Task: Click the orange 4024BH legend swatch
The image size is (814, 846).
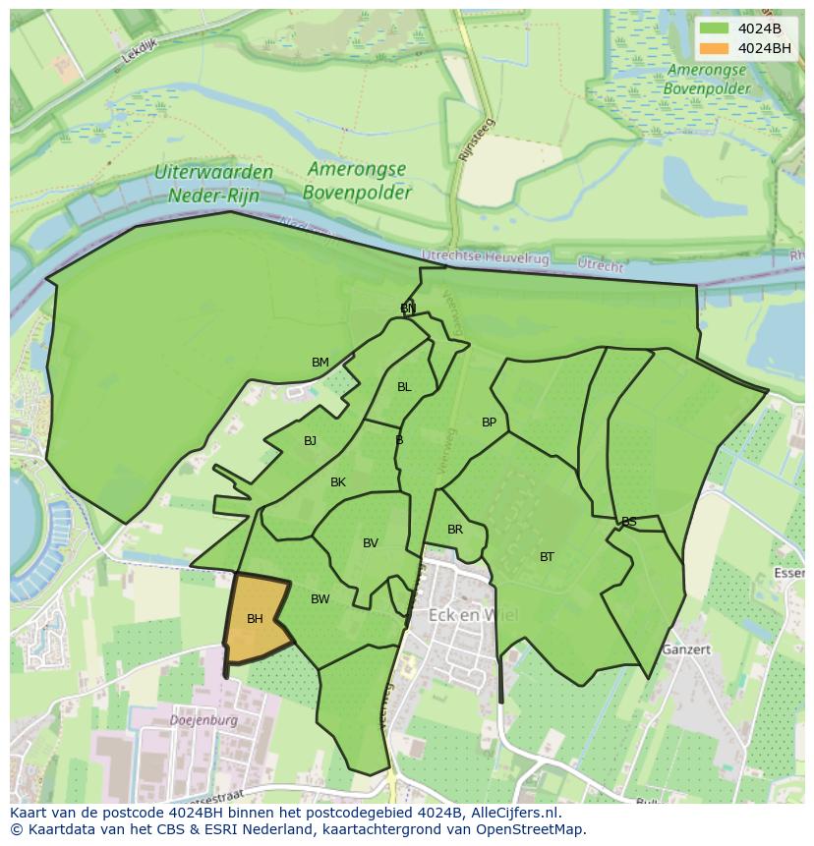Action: click(x=715, y=48)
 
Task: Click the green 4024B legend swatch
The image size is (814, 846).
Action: click(x=715, y=28)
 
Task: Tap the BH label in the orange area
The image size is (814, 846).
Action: click(x=255, y=619)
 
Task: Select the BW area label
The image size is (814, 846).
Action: click(x=320, y=599)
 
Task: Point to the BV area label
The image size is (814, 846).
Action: click(x=371, y=543)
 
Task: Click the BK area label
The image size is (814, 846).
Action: click(x=338, y=482)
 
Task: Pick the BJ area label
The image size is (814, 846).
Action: click(x=310, y=441)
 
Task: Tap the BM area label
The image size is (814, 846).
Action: click(x=320, y=363)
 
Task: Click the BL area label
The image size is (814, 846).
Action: click(x=404, y=387)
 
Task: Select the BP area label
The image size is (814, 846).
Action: click(x=489, y=423)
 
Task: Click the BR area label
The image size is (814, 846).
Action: click(x=455, y=530)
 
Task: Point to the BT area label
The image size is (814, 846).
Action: click(x=547, y=557)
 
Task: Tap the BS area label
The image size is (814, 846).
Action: click(x=629, y=522)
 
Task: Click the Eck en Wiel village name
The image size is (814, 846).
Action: click(x=473, y=616)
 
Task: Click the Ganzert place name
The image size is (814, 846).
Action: click(x=685, y=649)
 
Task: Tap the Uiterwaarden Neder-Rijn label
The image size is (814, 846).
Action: click(x=213, y=184)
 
